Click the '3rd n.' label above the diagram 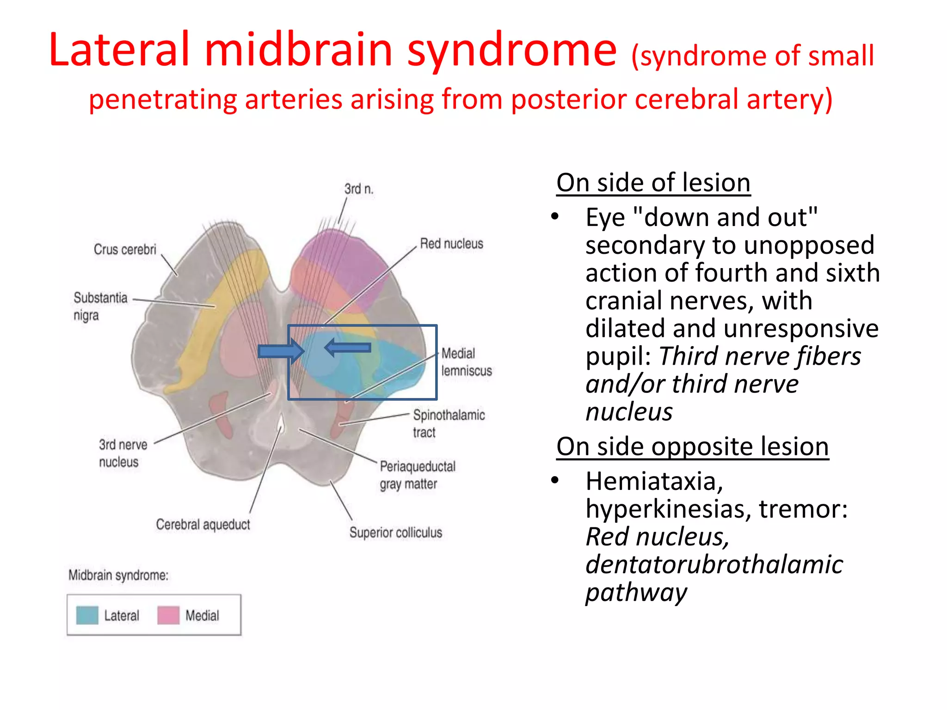[358, 189]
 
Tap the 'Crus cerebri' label [125, 249]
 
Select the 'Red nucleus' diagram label [451, 244]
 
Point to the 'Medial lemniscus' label [466, 362]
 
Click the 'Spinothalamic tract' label [448, 423]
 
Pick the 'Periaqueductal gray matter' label [417, 475]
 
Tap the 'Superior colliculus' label [395, 532]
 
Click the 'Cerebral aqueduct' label [203, 524]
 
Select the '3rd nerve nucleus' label [123, 453]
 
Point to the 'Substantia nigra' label [100, 306]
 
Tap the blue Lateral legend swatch [87, 615]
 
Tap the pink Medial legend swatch [168, 615]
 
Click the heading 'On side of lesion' [653, 183]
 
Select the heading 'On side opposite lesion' [692, 447]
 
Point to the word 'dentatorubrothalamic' [714, 564]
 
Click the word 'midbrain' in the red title [298, 50]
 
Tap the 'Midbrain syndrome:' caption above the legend [118, 575]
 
